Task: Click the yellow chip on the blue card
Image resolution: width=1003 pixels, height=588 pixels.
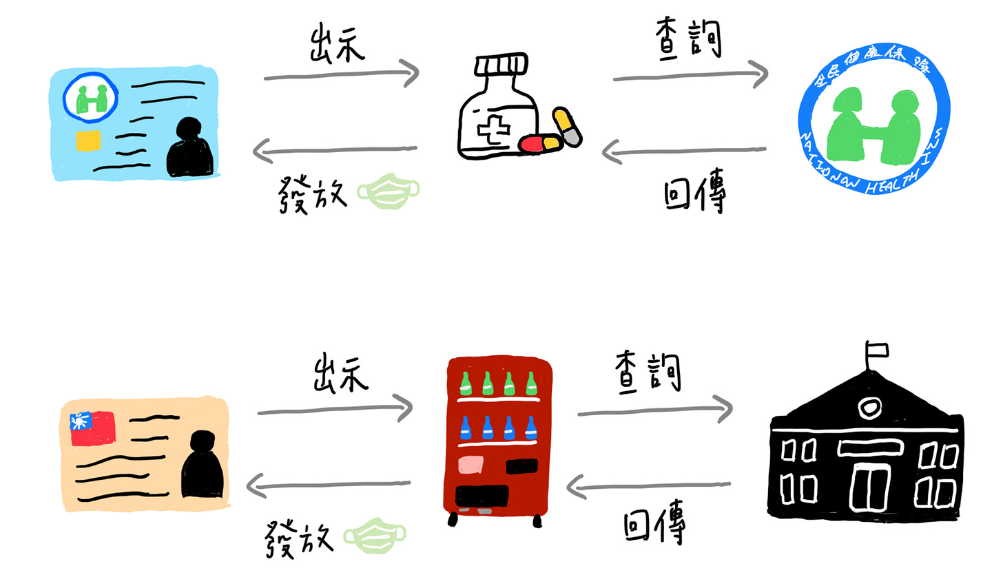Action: tap(88, 140)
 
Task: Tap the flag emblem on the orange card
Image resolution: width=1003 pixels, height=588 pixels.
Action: tap(92, 428)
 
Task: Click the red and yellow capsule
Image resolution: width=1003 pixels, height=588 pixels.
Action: tap(541, 143)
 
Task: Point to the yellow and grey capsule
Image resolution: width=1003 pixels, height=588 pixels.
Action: tap(567, 127)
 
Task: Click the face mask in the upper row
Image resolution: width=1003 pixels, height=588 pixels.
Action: tap(389, 191)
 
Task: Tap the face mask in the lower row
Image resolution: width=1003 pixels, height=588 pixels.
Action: tap(375, 536)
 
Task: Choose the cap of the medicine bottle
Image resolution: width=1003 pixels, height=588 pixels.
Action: tap(501, 65)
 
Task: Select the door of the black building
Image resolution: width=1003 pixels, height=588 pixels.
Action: tap(869, 485)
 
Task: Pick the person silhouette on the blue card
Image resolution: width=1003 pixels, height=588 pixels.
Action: tap(189, 147)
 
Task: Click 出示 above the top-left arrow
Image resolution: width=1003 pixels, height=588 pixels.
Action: tap(337, 44)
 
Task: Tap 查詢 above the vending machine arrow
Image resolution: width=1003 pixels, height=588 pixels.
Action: tap(648, 372)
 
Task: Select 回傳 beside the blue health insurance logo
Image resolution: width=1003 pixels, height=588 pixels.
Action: tap(694, 195)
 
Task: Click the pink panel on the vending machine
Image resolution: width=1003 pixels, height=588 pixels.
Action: tap(471, 465)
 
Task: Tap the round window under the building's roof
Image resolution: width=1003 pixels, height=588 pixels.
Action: tap(870, 408)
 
